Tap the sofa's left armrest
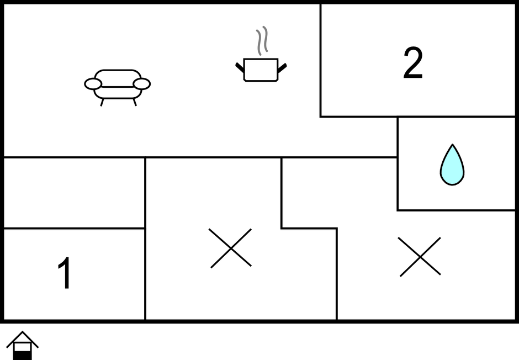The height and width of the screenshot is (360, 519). [93, 84]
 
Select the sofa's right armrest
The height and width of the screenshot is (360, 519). [142, 84]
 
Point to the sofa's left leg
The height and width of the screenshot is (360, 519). [102, 102]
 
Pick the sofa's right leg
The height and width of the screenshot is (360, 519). [135, 102]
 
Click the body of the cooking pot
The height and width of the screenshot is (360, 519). [261, 70]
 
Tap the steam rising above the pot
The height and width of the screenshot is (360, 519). [262, 40]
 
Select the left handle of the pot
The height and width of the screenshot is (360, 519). [240, 67]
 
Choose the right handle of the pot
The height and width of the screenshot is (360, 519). [282, 68]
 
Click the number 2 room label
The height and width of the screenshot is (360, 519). [413, 62]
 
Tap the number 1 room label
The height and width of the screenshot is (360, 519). [65, 273]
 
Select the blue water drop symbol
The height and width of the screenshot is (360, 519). [452, 165]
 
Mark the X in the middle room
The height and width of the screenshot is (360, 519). [231, 248]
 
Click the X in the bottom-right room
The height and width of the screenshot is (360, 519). [420, 257]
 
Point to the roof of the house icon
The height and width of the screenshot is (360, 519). [23, 339]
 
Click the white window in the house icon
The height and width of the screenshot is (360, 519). [23, 347]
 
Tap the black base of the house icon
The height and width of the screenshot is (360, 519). [23, 356]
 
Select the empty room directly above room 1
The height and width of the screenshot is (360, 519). [74, 193]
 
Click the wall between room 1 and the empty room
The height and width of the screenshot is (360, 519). [74, 228]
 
